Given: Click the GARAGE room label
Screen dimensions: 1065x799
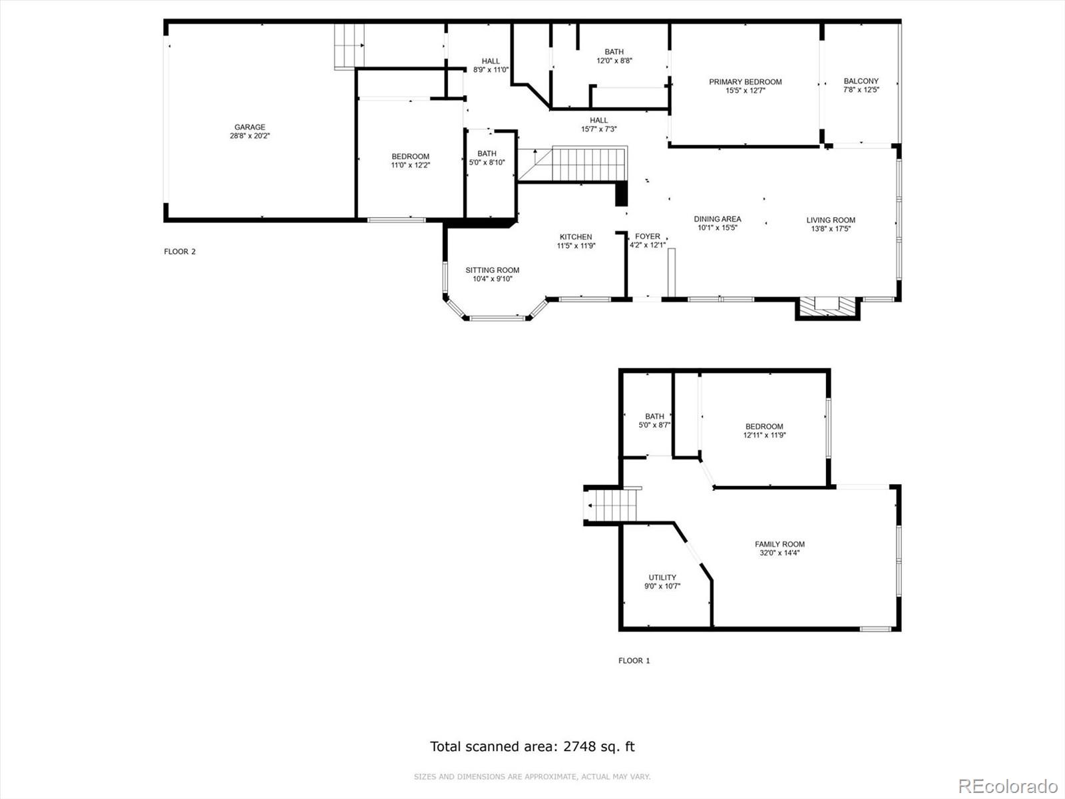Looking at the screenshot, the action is click(x=250, y=127).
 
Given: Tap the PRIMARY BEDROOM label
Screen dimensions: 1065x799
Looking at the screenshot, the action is click(x=745, y=82).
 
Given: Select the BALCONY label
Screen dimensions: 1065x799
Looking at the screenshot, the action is click(x=861, y=81).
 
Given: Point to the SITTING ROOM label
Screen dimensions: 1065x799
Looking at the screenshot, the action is click(x=493, y=270).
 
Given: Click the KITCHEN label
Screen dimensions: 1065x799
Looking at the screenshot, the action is click(x=576, y=237).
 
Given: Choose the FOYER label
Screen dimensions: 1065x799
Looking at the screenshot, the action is click(x=648, y=236).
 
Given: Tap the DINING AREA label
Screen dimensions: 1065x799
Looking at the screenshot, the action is click(x=717, y=219).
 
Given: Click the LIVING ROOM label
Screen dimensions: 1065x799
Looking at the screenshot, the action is click(x=831, y=220).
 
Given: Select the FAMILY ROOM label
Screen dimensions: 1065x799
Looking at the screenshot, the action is click(x=779, y=544).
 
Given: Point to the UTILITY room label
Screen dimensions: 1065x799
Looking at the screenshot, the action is click(x=662, y=577).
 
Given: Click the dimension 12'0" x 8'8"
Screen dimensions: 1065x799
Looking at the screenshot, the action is click(x=614, y=61).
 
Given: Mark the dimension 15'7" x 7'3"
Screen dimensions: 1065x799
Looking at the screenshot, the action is click(x=598, y=129).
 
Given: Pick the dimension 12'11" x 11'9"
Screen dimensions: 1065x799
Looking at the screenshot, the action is click(x=764, y=435).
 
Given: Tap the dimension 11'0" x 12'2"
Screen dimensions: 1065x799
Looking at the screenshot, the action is click(x=411, y=165).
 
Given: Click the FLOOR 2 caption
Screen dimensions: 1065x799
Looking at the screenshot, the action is click(x=180, y=251).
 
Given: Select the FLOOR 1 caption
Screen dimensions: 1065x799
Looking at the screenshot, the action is click(x=634, y=661).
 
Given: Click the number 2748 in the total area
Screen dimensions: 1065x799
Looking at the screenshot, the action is click(x=579, y=746).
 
